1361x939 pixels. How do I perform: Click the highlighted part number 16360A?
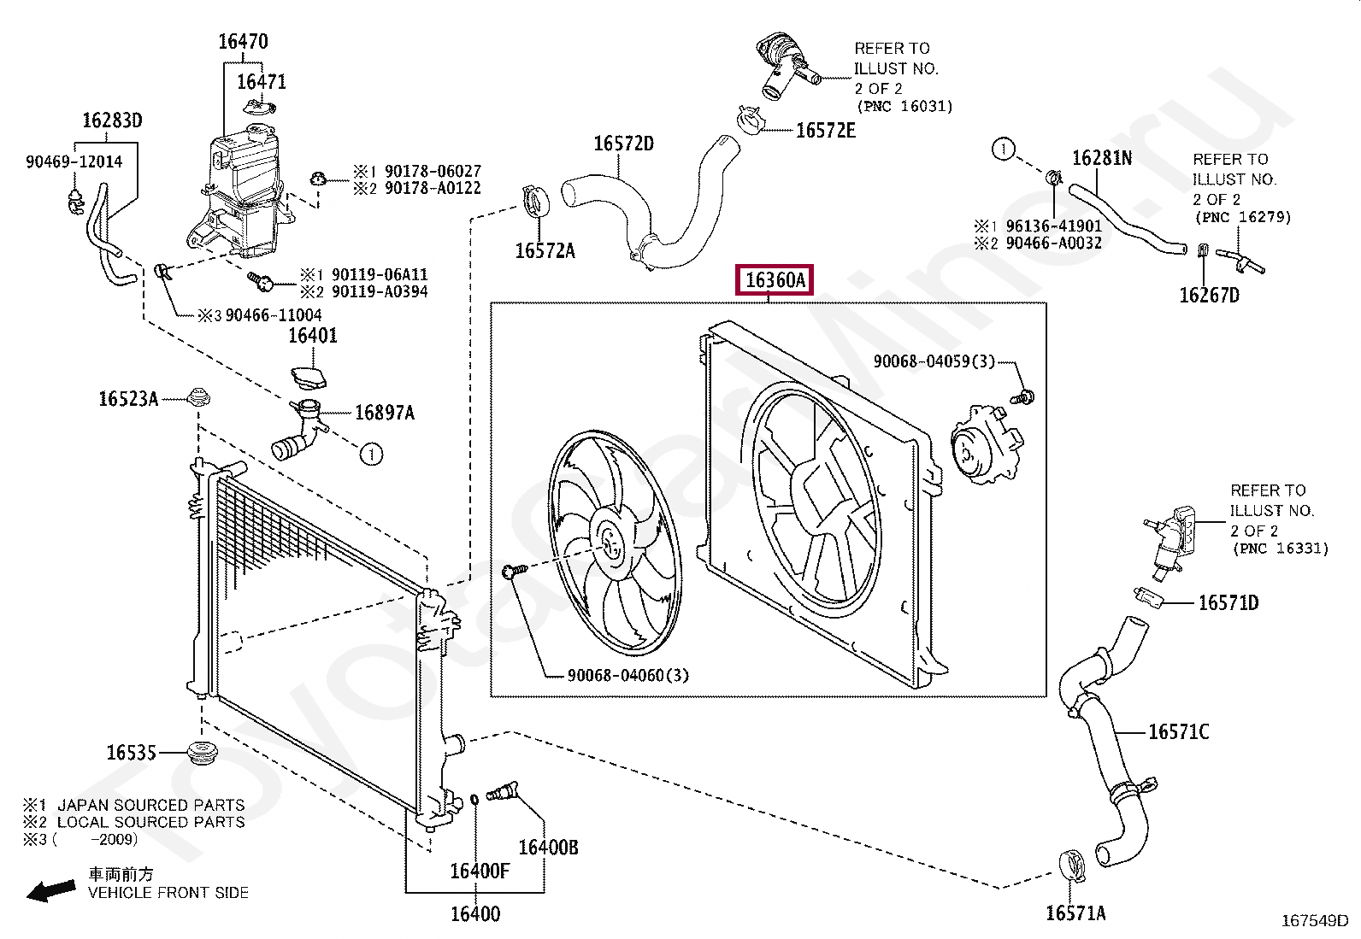click(775, 280)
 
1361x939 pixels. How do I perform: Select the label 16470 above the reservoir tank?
click(243, 41)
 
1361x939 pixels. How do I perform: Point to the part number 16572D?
click(623, 143)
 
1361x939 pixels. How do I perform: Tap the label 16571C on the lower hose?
click(1178, 731)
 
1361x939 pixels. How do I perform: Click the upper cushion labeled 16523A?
click(199, 397)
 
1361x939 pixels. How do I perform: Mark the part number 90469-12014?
click(74, 161)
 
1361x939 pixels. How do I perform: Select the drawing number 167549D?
click(1314, 921)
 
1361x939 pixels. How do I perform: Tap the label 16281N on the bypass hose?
click(1102, 159)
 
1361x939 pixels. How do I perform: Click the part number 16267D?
click(1209, 296)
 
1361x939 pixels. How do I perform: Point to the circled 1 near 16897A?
click(371, 455)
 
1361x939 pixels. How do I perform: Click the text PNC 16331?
click(1279, 549)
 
